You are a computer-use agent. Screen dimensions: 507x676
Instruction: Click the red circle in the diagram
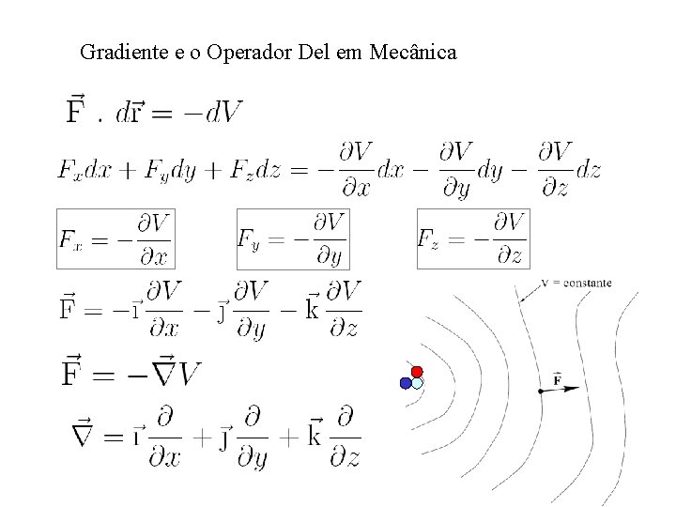417,372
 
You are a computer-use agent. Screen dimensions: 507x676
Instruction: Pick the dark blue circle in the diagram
406,383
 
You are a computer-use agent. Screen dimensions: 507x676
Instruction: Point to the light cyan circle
418,383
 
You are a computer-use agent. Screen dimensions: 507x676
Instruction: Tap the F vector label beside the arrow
558,379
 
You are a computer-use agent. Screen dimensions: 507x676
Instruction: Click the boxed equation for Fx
115,238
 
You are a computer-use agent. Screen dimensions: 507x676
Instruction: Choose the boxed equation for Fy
292,238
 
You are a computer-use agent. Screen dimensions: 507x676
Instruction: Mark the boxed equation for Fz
472,238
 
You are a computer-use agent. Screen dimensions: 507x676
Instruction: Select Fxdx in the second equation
83,171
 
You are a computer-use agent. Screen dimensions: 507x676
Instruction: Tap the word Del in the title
315,52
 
